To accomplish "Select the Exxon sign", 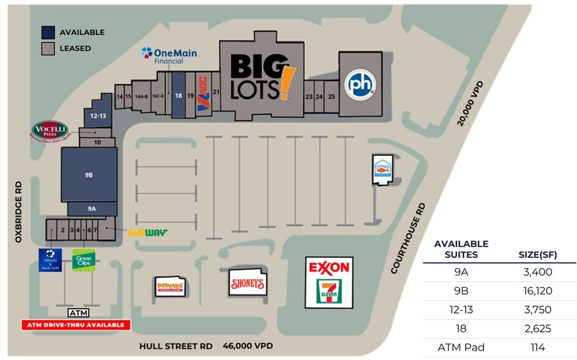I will (x=329, y=268).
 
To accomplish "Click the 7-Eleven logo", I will (x=329, y=291).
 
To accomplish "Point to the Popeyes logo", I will (x=169, y=286).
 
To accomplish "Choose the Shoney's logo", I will (x=247, y=283).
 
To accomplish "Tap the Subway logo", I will (x=147, y=233).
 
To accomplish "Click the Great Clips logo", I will (x=83, y=260).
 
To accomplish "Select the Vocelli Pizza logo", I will (x=50, y=132).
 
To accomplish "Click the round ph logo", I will (x=360, y=85).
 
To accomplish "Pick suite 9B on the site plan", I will (x=89, y=174).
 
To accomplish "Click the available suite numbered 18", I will (x=178, y=96).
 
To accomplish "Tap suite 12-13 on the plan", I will (x=98, y=116).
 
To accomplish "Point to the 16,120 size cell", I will (x=538, y=291).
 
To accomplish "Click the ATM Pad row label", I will (x=461, y=347).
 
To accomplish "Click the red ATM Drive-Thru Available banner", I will (x=76, y=324).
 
